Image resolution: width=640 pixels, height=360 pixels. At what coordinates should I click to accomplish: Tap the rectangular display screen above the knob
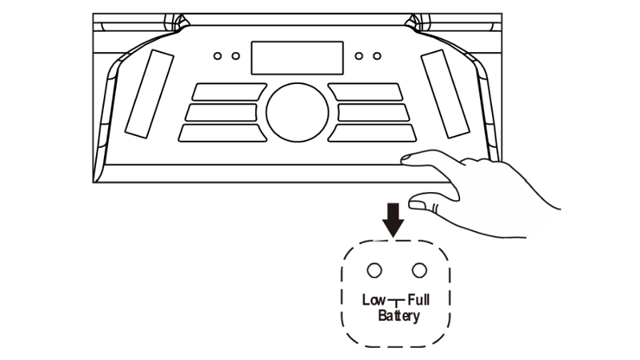(x=297, y=58)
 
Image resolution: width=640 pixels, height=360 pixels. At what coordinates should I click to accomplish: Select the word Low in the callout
(x=374, y=301)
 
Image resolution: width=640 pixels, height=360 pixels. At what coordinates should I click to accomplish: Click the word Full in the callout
(x=418, y=301)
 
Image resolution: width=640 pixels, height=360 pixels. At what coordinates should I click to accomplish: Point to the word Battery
(x=398, y=315)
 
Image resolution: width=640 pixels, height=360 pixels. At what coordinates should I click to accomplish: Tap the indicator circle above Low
(x=374, y=270)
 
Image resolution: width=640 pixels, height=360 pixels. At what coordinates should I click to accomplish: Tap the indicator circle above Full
(x=418, y=270)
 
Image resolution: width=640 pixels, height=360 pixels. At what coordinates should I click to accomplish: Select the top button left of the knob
(x=229, y=92)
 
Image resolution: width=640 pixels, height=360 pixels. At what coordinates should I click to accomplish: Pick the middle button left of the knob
(x=222, y=112)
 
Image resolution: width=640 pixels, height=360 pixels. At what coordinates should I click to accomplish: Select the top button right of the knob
(x=365, y=92)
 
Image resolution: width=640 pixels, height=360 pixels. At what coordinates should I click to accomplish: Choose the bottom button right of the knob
(x=373, y=133)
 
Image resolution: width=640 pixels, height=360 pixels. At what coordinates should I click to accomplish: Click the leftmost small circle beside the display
(x=218, y=56)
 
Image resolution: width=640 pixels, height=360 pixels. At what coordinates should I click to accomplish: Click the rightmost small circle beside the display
(x=377, y=56)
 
